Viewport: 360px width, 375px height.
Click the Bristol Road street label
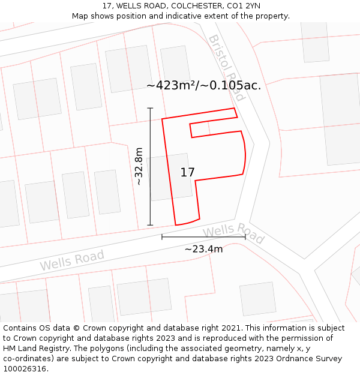tap(227, 67)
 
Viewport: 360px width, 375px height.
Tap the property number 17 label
tap(187, 172)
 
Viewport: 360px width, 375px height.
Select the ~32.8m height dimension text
tap(139, 166)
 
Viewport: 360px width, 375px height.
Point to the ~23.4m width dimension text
tap(203, 249)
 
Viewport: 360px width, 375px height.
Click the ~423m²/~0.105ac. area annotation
tap(203, 85)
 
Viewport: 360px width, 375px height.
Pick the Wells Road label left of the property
tap(72, 260)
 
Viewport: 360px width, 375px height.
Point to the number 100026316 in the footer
tap(23, 369)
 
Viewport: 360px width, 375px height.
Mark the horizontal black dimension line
tap(203, 237)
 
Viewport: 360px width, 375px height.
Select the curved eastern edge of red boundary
tap(245, 153)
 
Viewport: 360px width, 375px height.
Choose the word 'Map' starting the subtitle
tap(80, 16)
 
